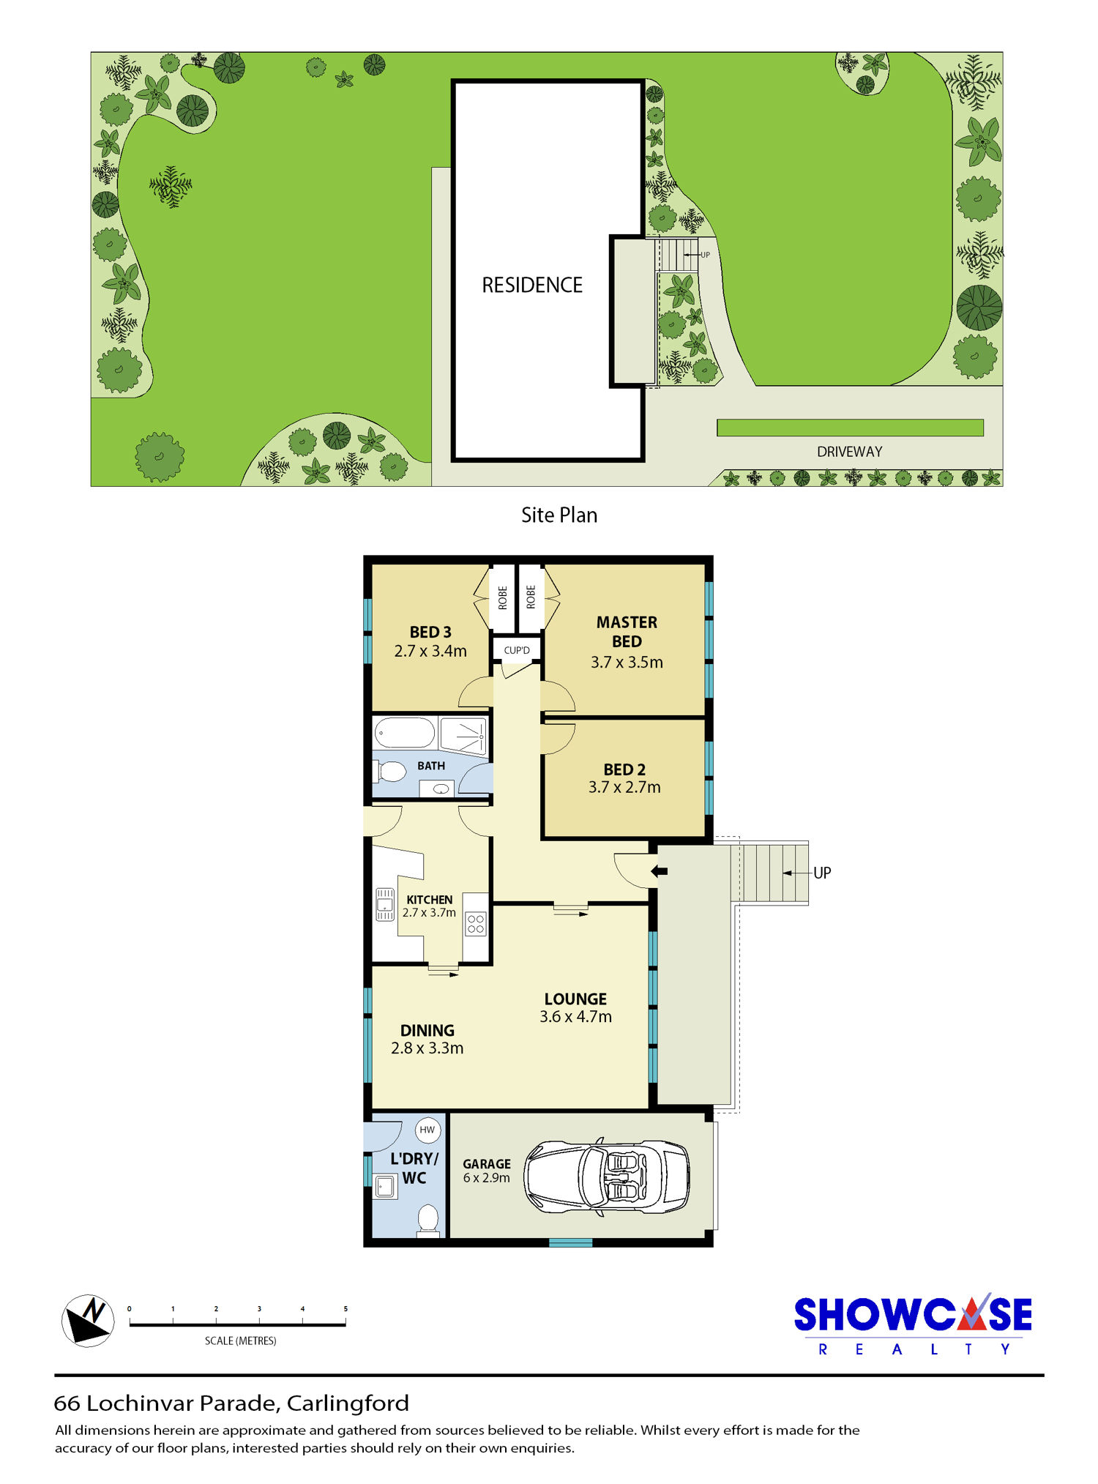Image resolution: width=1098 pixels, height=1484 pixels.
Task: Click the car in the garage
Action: pos(607,1177)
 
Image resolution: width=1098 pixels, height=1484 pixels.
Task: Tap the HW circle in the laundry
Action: pos(427,1130)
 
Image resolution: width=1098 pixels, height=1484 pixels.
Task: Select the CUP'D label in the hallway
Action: pos(517,650)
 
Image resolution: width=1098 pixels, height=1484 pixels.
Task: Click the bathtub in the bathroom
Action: pos(405,733)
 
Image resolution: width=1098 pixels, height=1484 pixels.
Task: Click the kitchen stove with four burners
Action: pos(476,924)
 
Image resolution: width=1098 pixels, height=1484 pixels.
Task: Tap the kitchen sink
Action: pos(385,904)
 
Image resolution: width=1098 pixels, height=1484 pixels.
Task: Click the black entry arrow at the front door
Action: pos(660,871)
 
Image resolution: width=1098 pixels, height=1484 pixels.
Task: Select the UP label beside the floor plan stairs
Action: pos(822,873)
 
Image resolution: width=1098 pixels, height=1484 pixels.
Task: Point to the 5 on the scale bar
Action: pos(346,1309)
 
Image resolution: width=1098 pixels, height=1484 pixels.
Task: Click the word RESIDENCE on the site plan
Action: pos(532,285)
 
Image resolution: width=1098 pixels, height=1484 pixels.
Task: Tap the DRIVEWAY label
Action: pos(850,452)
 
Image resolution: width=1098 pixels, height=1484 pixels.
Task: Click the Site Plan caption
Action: pos(559,515)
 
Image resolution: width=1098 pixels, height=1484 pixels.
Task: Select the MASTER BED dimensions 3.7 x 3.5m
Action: pos(627,663)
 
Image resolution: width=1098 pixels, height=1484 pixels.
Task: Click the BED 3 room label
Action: pos(430,632)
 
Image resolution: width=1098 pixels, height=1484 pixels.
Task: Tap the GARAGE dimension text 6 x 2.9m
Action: pos(487,1178)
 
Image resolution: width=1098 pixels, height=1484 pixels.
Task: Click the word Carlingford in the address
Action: pos(348,1403)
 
